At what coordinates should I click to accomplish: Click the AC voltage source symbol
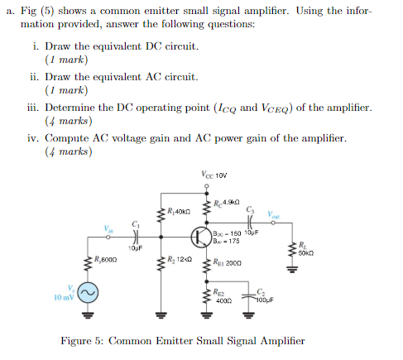(88, 294)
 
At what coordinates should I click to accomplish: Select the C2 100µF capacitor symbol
(249, 296)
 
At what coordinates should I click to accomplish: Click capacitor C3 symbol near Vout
(248, 225)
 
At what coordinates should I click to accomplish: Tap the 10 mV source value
(63, 296)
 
